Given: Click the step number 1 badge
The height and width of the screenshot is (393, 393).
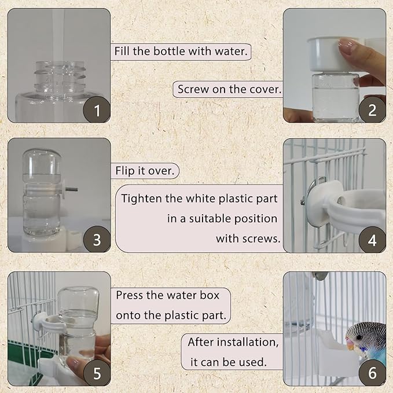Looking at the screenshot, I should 97,110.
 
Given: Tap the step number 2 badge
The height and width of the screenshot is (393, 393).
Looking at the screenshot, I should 372,110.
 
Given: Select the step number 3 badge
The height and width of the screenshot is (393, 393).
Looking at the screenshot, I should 97,239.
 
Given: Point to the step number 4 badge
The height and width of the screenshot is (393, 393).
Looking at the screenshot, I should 372,239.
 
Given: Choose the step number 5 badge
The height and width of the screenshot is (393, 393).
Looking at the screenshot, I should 97,373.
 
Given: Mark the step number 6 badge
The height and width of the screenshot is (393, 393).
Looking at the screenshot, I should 372,373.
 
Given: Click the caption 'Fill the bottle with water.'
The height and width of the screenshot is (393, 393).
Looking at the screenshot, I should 181,51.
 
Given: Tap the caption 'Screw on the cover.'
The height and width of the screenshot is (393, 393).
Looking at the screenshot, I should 229,89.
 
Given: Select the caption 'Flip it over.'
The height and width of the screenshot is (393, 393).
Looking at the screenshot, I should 145,171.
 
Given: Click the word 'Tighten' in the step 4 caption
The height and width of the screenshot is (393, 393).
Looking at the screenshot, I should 139,199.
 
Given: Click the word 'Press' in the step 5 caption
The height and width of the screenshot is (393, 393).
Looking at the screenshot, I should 130,295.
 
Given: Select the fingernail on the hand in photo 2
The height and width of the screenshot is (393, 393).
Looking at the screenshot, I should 346,47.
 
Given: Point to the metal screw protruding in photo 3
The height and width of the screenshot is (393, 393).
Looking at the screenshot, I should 71,189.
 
